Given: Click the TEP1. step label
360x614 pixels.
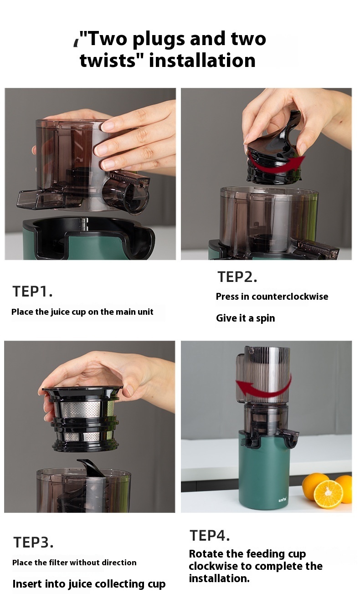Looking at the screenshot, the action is click(x=32, y=292).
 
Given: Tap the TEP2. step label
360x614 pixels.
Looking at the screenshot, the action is click(x=237, y=277).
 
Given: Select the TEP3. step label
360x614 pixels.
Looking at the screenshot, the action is click(x=33, y=542).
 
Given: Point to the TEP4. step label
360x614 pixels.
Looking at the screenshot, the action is click(x=210, y=536).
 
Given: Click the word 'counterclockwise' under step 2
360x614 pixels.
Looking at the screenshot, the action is click(x=290, y=297).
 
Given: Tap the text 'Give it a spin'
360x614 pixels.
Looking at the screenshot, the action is click(x=245, y=318).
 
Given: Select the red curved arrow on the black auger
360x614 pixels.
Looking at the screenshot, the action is click(x=277, y=164).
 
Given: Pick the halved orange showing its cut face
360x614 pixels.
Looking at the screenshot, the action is click(x=328, y=494).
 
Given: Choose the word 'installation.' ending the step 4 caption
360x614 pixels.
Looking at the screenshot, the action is click(x=219, y=578).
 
